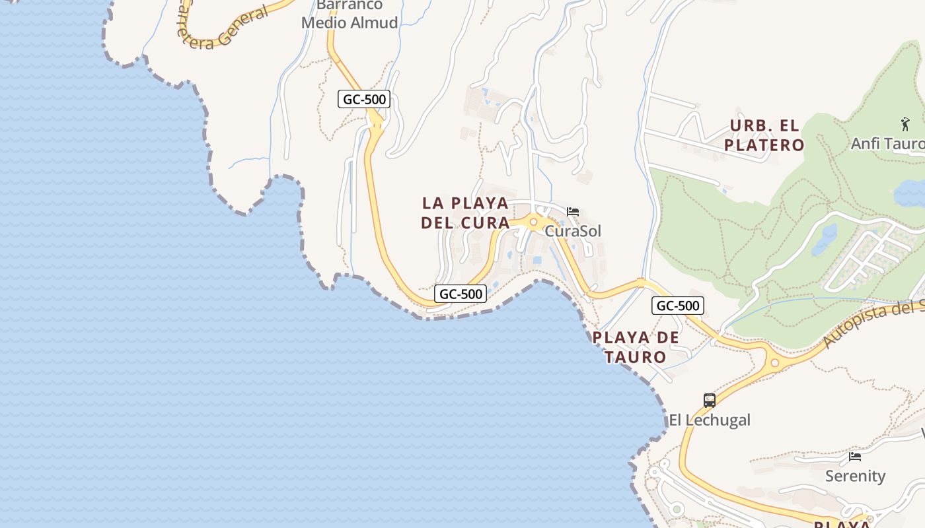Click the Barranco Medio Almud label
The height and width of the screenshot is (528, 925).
click(350, 15)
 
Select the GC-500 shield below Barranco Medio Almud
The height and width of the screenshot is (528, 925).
click(364, 100)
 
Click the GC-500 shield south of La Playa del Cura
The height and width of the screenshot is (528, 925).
click(461, 294)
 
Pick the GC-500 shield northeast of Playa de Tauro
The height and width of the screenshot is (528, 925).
click(677, 306)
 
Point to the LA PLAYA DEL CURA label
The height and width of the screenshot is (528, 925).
click(465, 213)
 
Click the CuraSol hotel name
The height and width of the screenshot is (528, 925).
click(573, 232)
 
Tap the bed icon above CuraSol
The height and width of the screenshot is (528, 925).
click(573, 212)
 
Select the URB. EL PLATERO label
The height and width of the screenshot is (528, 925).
click(764, 135)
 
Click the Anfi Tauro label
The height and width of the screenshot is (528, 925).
click(887, 143)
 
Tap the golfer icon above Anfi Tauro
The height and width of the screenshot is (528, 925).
click(905, 123)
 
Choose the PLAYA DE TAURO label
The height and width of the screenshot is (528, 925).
click(636, 347)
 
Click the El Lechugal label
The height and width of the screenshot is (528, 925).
click(710, 420)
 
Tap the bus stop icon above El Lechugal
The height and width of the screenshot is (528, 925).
click(710, 400)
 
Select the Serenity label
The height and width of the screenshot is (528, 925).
click(855, 476)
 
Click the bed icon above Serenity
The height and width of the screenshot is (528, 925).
click(855, 456)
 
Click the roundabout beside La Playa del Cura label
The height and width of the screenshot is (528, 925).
click(533, 222)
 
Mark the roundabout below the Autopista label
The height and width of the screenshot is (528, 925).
click(774, 362)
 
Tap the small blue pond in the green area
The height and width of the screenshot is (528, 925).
click(825, 239)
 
